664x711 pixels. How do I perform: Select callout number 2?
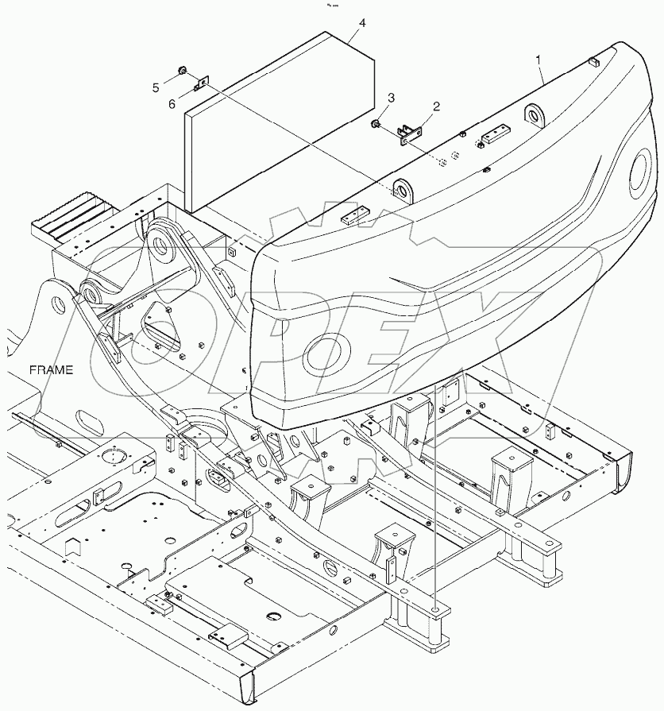(435, 106)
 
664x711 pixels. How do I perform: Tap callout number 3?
(390, 98)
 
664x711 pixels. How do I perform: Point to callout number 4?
(362, 24)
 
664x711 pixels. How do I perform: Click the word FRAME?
(52, 369)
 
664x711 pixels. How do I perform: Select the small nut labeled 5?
(183, 72)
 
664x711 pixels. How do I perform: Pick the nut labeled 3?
(374, 123)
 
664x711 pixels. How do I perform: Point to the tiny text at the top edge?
(333, 5)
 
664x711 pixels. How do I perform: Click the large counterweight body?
(445, 270)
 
